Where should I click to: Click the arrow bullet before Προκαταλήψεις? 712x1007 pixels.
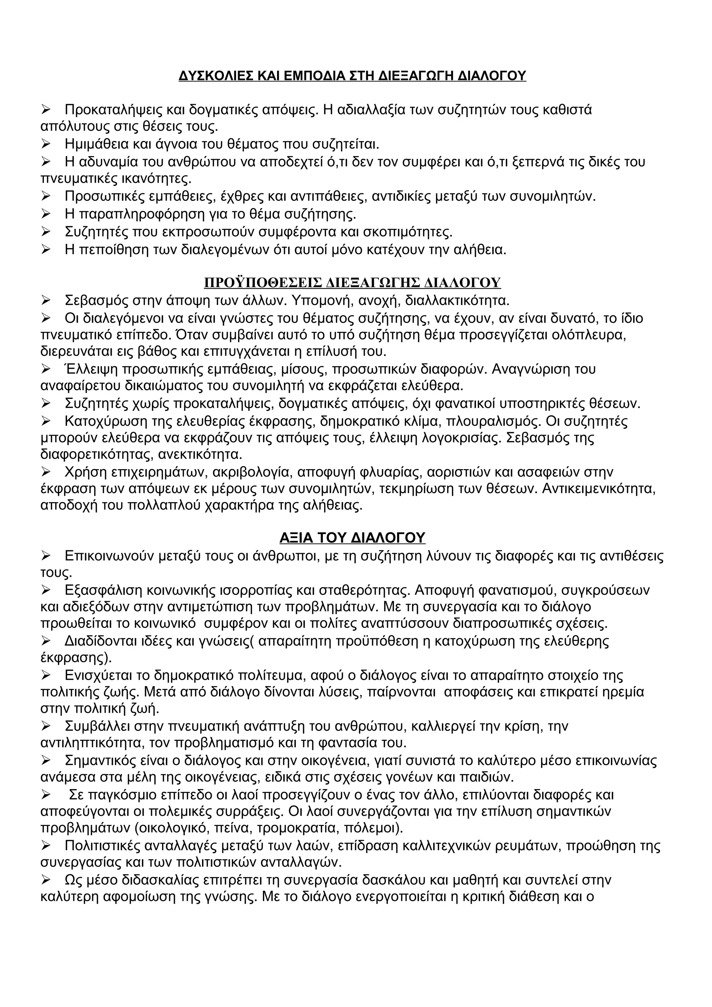[47, 110]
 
